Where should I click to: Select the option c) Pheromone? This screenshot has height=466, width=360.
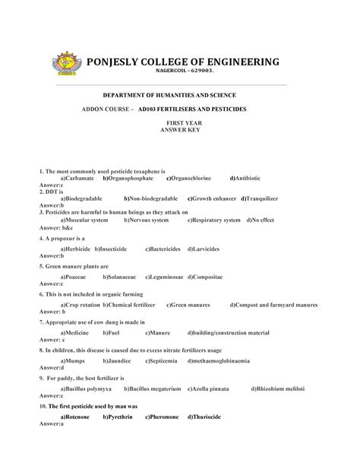[x=162, y=417]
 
